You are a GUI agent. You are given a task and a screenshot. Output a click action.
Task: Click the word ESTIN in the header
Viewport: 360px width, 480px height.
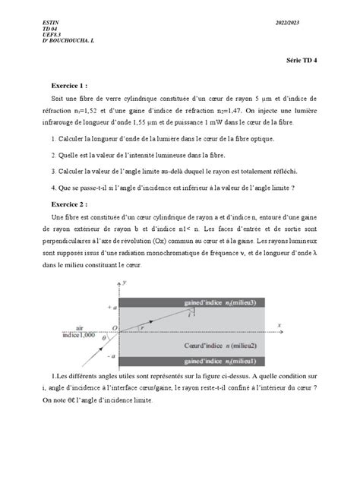pos(52,24)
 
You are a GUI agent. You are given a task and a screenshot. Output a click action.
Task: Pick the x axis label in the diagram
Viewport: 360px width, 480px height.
pos(279,324)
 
